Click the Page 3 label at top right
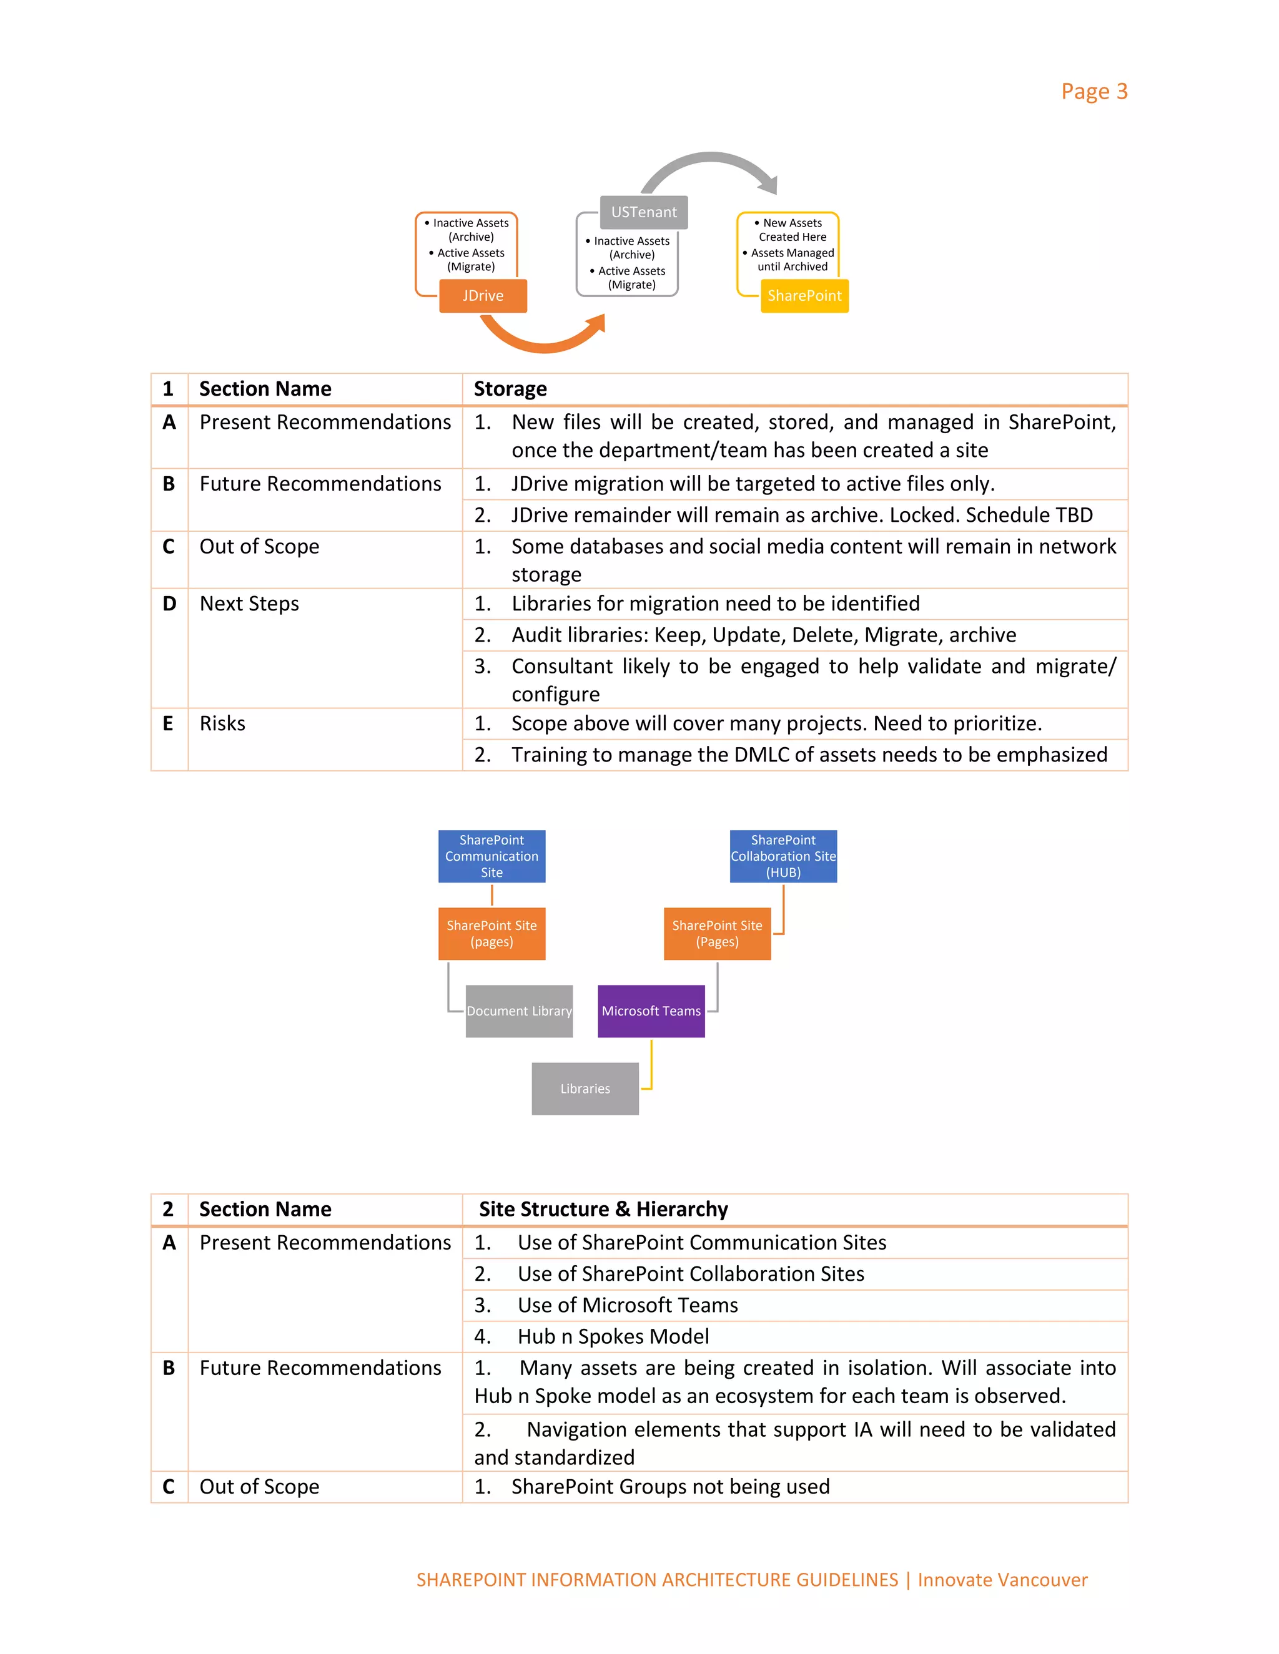click(x=1094, y=92)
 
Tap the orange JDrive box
click(x=483, y=296)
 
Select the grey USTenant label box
click(x=644, y=212)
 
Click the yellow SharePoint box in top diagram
click(x=804, y=296)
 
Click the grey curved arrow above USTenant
click(x=709, y=160)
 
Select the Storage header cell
click(x=510, y=389)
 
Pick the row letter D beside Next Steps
click(x=169, y=604)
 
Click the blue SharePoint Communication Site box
click(x=491, y=856)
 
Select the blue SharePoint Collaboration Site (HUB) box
click(x=783, y=856)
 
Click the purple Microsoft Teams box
click(x=651, y=1011)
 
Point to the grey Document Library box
click(x=519, y=1011)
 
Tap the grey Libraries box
click(x=585, y=1089)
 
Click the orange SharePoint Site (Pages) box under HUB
click(x=717, y=934)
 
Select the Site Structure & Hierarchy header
click(x=603, y=1210)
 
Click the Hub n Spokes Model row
click(x=613, y=1337)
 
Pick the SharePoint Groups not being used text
click(x=670, y=1487)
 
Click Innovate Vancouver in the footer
click(x=1002, y=1580)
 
